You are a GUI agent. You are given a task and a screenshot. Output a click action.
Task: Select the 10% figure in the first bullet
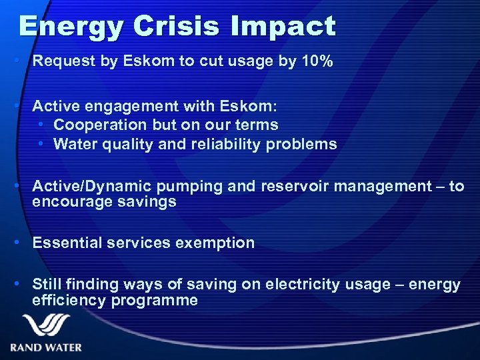pos(316,62)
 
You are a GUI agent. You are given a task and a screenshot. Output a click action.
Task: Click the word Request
pos(60,62)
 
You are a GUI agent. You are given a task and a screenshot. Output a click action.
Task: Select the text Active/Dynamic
pos(82,187)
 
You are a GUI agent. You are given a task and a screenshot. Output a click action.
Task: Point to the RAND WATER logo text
pos(46,347)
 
